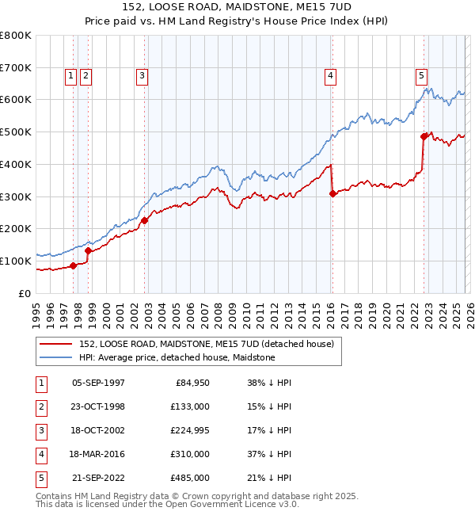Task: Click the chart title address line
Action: pyautogui.click(x=237, y=7)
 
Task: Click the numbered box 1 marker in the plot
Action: pyautogui.click(x=70, y=76)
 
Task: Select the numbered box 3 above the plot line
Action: pyautogui.click(x=142, y=76)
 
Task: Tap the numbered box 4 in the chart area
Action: pyautogui.click(x=329, y=76)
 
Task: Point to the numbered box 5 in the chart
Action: pyautogui.click(x=421, y=76)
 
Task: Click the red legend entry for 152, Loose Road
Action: pyautogui.click(x=207, y=344)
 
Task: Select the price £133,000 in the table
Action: pyautogui.click(x=190, y=406)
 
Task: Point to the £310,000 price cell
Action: pyautogui.click(x=190, y=454)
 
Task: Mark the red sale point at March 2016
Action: pyautogui.click(x=332, y=193)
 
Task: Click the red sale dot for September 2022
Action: pyautogui.click(x=424, y=137)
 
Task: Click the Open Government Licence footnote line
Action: pyautogui.click(x=155, y=504)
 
